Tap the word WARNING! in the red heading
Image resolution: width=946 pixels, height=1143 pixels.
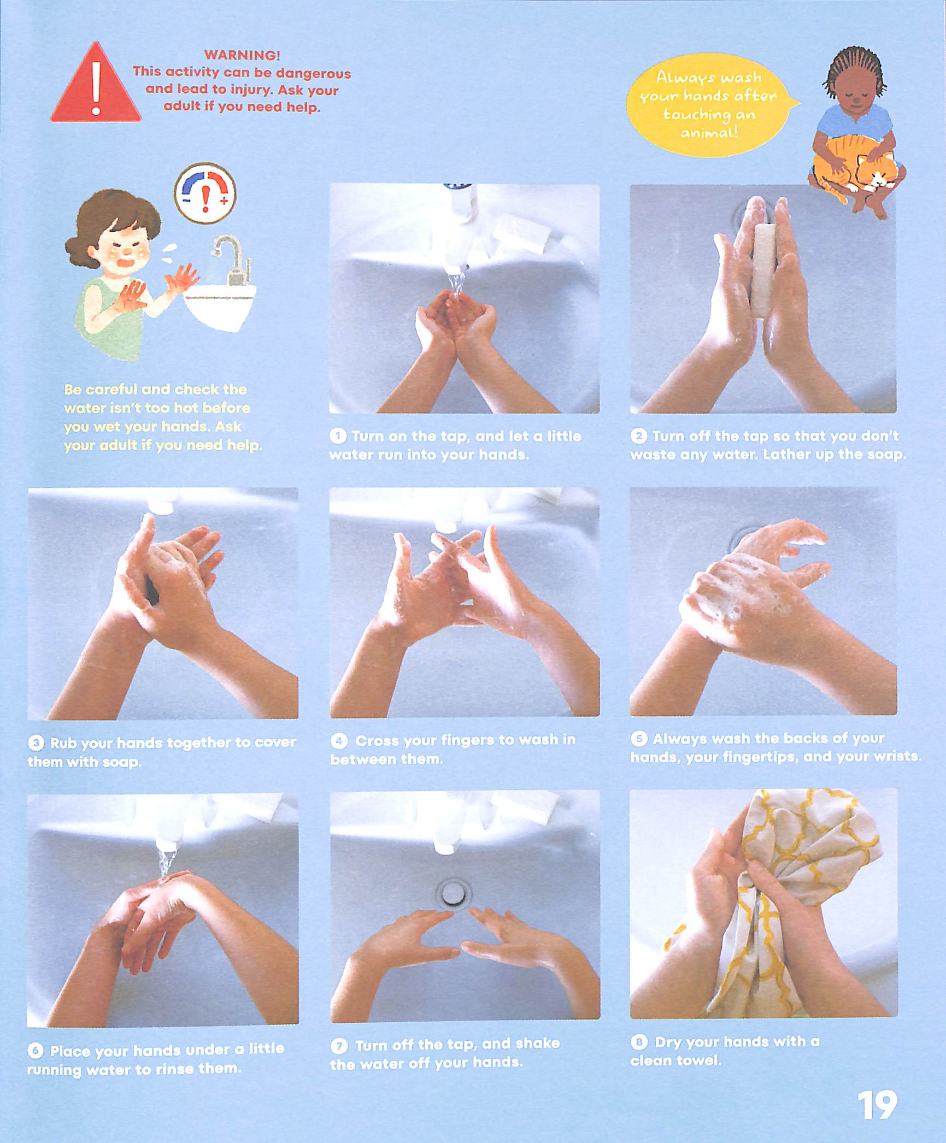(242, 55)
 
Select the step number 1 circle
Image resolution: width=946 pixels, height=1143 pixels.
(338, 435)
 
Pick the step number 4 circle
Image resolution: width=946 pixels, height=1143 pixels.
(339, 740)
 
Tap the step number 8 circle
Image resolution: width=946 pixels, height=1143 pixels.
(638, 1041)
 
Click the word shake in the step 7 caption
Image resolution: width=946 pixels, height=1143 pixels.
(537, 1043)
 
